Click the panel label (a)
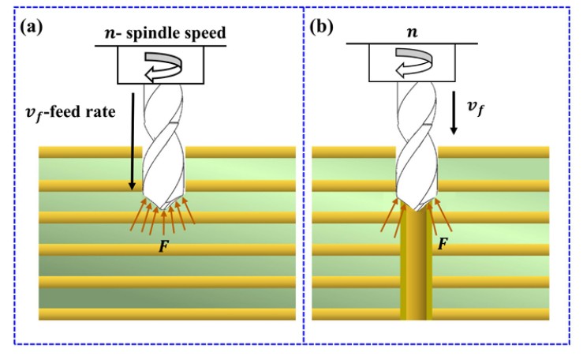(32, 27)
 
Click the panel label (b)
(322, 27)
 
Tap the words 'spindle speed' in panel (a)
(176, 32)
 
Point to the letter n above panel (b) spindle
(412, 32)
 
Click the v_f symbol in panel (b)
(476, 108)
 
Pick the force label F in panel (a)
(163, 246)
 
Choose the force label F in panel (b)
(443, 244)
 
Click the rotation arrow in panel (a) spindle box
(163, 66)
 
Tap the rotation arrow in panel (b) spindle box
(413, 63)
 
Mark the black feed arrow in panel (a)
(133, 141)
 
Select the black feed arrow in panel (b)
(454, 113)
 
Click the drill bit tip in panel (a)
(163, 208)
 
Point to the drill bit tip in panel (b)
(417, 208)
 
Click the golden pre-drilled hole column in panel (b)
(416, 264)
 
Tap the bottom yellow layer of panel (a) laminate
(167, 314)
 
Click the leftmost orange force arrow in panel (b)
(389, 216)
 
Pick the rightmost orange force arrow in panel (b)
(443, 216)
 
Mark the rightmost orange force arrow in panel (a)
(189, 211)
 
